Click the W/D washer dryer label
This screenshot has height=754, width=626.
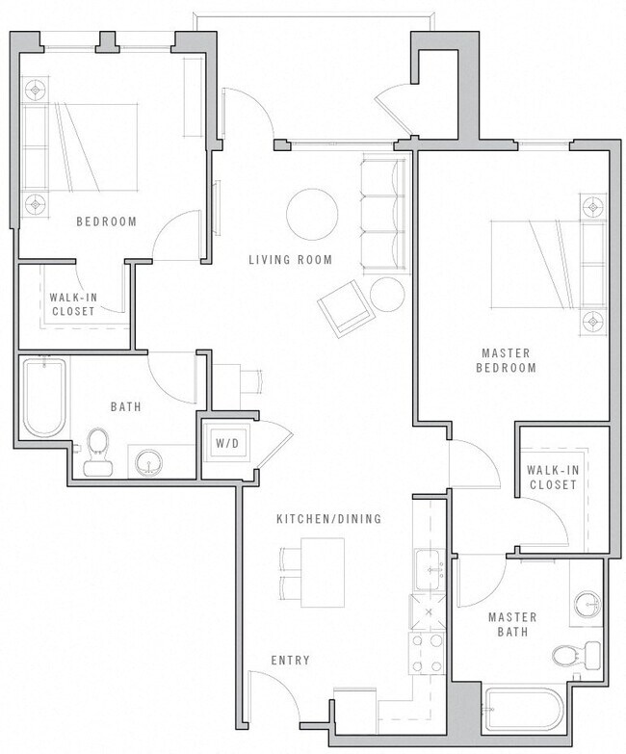pyautogui.click(x=227, y=444)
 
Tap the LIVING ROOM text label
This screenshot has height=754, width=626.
pyautogui.click(x=290, y=260)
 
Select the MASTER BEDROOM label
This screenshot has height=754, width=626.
pyautogui.click(x=508, y=360)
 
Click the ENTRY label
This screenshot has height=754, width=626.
pyautogui.click(x=290, y=661)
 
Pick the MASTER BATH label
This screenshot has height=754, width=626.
pyautogui.click(x=512, y=624)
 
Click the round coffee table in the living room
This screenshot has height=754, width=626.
pyautogui.click(x=312, y=211)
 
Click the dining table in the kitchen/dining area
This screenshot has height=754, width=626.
pyautogui.click(x=322, y=572)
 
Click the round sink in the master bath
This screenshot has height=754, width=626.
pyautogui.click(x=587, y=605)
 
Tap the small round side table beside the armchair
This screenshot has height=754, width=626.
pyautogui.click(x=388, y=294)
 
